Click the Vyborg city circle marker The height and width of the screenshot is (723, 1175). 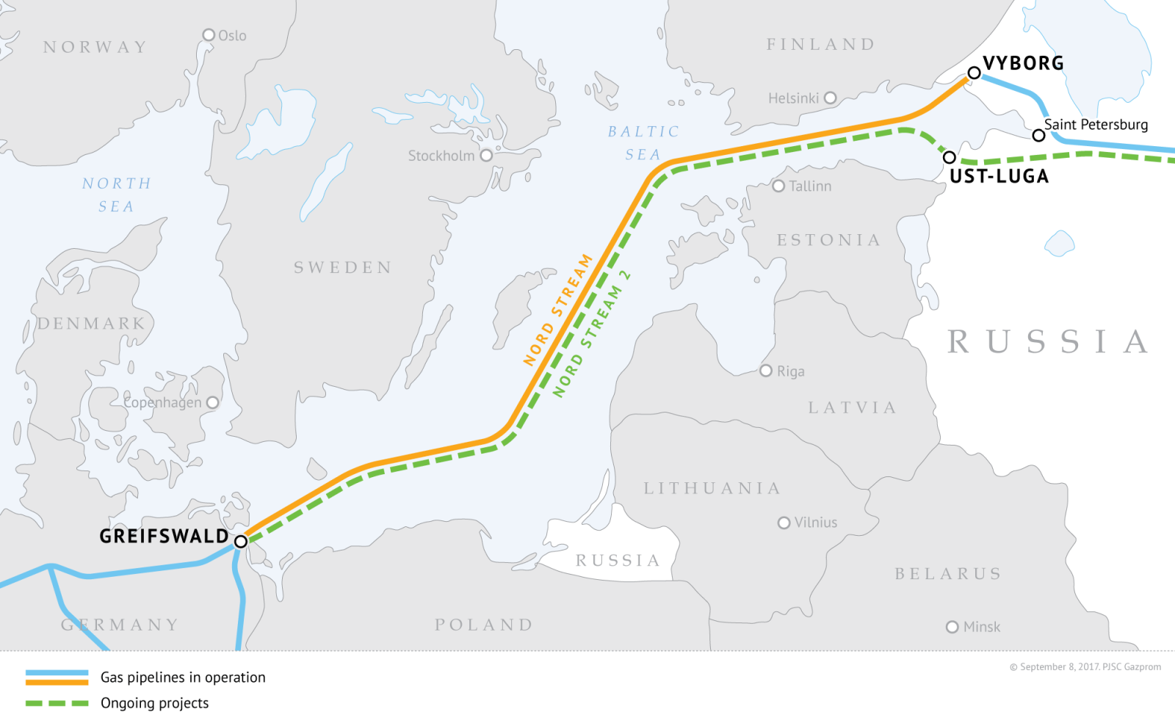click(x=974, y=73)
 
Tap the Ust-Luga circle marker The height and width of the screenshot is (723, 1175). click(x=950, y=157)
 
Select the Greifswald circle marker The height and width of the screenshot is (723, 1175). click(x=241, y=542)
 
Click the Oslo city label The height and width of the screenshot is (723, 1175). click(x=232, y=36)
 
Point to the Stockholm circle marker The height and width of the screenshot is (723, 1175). click(x=486, y=156)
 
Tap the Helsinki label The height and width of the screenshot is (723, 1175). click(x=793, y=98)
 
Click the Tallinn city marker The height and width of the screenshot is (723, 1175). click(x=779, y=186)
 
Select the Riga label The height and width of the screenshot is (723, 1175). click(x=791, y=371)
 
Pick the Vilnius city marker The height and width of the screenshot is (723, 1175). click(x=784, y=523)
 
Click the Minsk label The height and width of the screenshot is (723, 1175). click(x=982, y=627)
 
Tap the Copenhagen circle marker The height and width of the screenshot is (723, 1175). click(x=213, y=402)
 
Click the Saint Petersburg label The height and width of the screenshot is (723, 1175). click(x=1096, y=125)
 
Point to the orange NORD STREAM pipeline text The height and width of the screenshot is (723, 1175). click(x=558, y=310)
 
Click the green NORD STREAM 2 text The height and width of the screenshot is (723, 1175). click(x=592, y=335)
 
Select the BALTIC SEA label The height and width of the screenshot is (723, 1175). click(x=643, y=143)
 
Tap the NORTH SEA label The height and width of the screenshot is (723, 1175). click(x=117, y=195)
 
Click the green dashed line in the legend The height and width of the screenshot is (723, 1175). click(x=57, y=703)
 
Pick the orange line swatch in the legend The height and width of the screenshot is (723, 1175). click(x=57, y=682)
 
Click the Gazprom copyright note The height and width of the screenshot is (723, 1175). click(x=1085, y=667)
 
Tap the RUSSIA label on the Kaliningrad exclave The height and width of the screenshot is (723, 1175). click(x=618, y=561)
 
